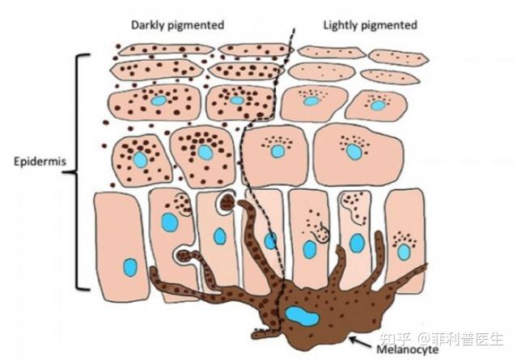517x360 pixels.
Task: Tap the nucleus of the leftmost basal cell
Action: pos(130,266)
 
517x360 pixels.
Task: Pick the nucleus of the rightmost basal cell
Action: pos(404,252)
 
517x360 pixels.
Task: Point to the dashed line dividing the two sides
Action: pos(267,162)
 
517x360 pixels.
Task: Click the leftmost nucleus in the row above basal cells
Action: pos(141,159)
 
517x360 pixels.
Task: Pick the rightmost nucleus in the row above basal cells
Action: pos(354,151)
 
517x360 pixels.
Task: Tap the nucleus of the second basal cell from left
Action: pos(169,222)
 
